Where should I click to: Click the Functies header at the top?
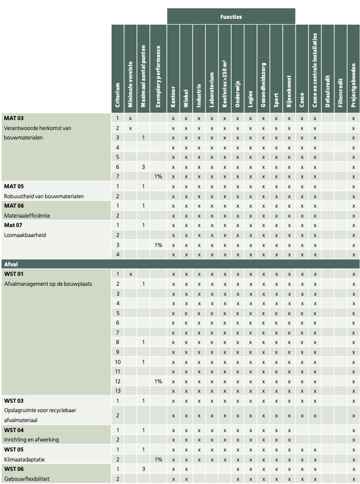point(231,17)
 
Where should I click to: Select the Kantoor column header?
point(173,96)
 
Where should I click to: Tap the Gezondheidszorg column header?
point(263,85)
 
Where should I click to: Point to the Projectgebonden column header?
point(354,85)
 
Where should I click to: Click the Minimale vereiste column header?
point(130,84)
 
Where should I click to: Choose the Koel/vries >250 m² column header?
point(225,84)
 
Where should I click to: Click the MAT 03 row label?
point(14,118)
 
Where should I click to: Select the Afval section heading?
point(11,264)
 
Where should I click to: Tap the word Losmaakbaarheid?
point(25,235)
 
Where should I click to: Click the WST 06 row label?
point(14,469)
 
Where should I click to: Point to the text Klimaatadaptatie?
point(25,459)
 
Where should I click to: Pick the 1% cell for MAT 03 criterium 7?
point(158,177)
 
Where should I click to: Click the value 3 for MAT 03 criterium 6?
point(143,167)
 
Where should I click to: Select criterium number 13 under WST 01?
point(117,391)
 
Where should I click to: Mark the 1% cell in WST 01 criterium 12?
point(158,382)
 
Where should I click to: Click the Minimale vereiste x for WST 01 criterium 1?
point(130,274)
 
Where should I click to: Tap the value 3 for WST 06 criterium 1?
point(143,469)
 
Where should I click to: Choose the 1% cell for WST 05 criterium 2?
point(158,459)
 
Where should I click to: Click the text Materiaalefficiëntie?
point(27,216)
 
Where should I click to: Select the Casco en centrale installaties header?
point(314,70)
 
